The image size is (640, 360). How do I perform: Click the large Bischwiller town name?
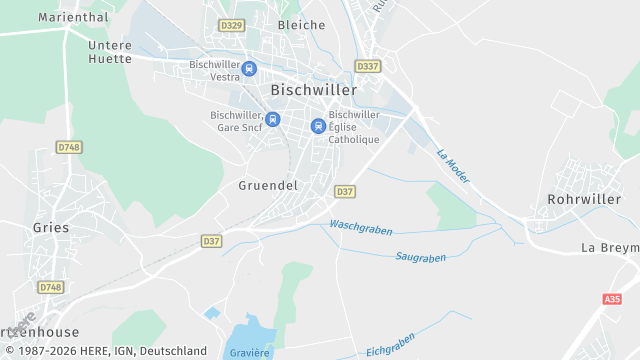[313, 90]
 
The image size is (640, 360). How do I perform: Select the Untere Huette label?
[110, 52]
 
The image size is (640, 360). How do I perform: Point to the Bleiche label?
[301, 25]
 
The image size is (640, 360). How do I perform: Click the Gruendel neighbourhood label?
[268, 186]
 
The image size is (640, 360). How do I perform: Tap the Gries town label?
[51, 228]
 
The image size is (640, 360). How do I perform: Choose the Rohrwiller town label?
[584, 200]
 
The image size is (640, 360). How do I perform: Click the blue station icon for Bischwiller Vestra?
[249, 69]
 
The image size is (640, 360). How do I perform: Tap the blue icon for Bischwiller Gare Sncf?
[273, 119]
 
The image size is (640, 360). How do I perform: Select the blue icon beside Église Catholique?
[318, 126]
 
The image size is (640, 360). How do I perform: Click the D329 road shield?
[231, 24]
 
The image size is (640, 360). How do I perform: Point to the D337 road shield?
[367, 66]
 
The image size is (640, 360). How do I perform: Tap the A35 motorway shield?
[612, 299]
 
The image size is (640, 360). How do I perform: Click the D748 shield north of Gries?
[68, 147]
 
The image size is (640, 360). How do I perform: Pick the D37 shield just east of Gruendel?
[345, 191]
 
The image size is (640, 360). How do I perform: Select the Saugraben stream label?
[420, 257]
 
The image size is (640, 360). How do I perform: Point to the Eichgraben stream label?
[390, 346]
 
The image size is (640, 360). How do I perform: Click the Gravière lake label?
[250, 352]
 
